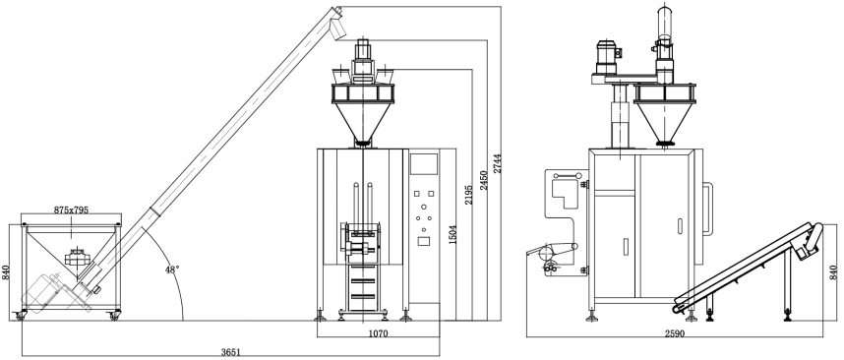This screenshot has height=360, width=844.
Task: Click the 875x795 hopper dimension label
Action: [x=71, y=210]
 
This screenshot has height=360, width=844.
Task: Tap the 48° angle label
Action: [x=172, y=270]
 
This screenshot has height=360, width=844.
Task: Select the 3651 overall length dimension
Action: [x=231, y=352]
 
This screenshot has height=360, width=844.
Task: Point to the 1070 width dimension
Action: [x=378, y=333]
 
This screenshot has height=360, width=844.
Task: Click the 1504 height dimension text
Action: [x=452, y=235]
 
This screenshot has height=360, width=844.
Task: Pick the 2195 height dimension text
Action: [x=469, y=195]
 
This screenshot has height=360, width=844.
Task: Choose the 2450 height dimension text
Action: [x=484, y=180]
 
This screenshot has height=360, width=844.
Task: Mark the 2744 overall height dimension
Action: [x=498, y=163]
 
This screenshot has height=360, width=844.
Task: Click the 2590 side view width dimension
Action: [x=675, y=333]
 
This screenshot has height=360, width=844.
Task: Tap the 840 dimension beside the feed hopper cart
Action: [x=6, y=272]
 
